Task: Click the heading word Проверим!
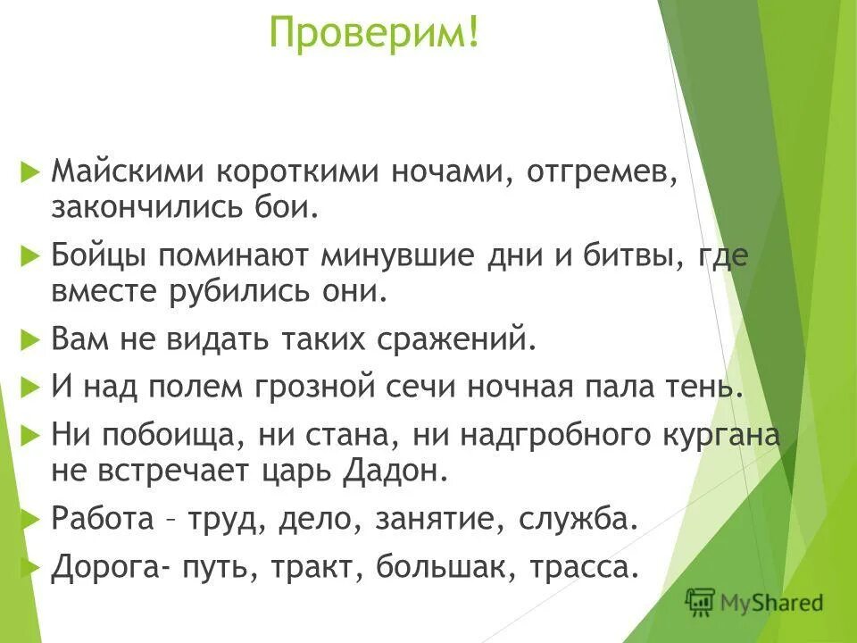[x=374, y=34]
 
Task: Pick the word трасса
[x=584, y=568]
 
